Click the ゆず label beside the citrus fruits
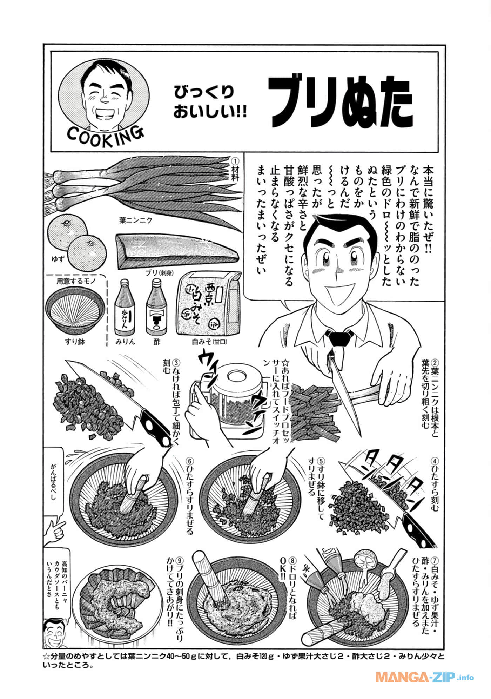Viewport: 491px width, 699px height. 57,260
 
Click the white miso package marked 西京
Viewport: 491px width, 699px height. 208,303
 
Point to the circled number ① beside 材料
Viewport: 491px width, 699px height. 235,160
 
